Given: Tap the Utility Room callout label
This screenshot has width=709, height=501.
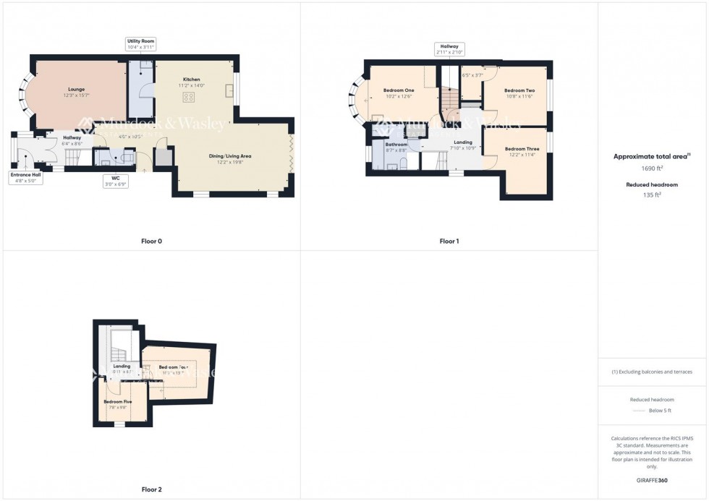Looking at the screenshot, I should click(x=141, y=44).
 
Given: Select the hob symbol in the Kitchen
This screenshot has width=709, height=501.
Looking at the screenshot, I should click(x=188, y=96).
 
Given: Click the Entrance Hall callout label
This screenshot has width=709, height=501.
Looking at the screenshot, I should click(x=25, y=178).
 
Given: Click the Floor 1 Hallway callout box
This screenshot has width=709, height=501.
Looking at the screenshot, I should click(x=449, y=49).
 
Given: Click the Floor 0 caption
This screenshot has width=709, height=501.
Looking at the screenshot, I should click(x=151, y=241).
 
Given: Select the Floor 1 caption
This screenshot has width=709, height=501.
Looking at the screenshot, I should click(x=449, y=241).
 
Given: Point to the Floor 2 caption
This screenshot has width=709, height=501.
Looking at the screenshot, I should click(x=151, y=489).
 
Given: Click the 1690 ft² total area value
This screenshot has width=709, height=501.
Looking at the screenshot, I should click(x=653, y=168).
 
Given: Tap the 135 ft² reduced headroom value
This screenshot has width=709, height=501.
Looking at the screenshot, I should click(x=653, y=194).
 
